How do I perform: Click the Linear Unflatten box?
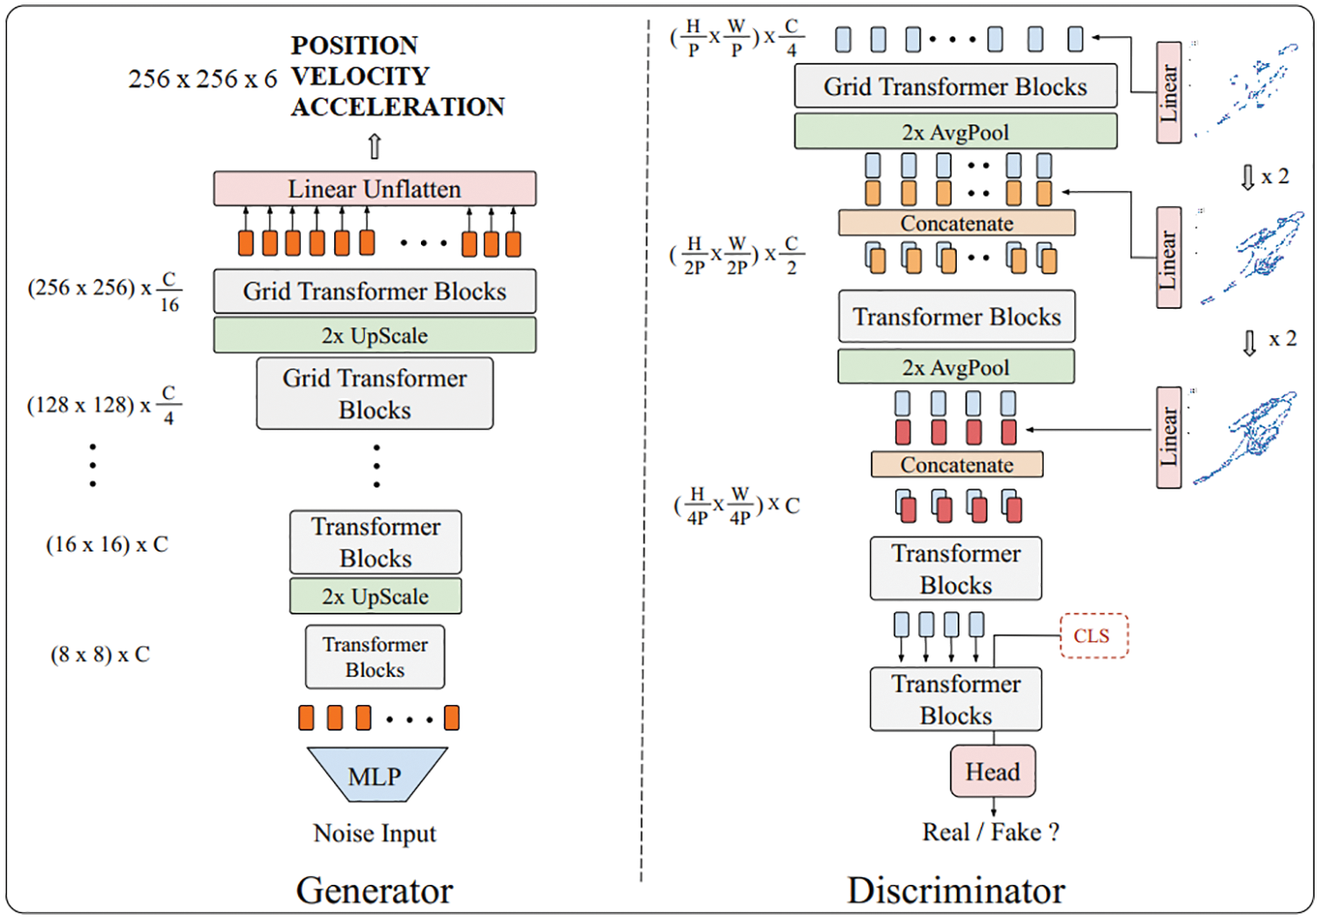tap(374, 189)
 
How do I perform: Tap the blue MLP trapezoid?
tap(376, 775)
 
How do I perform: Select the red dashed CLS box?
tap(1093, 636)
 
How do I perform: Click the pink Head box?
tap(993, 772)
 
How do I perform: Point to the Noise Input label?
tap(374, 833)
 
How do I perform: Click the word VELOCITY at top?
tap(360, 76)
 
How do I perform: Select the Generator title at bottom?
tap(374, 890)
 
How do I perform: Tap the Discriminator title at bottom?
tap(956, 890)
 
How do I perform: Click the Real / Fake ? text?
tap(990, 832)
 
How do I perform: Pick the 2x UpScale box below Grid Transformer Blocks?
tap(374, 335)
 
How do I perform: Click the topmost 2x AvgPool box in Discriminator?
tap(955, 132)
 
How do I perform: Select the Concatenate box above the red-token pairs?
tap(957, 464)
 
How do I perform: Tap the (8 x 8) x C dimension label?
tap(100, 654)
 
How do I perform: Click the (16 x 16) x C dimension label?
tap(107, 545)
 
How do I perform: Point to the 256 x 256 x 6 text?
tap(203, 79)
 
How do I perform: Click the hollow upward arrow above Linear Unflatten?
tap(374, 146)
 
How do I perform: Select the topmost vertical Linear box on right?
tap(1168, 92)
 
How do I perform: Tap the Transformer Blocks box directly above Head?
tap(956, 699)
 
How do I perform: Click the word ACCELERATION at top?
tap(398, 107)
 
